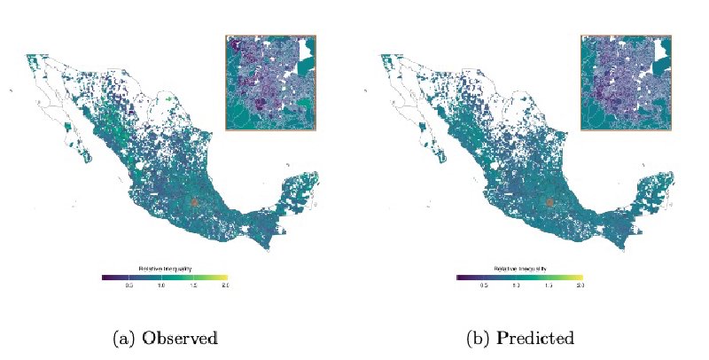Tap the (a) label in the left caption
[125, 338]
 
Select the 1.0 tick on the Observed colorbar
[161, 286]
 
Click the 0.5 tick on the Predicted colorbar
[484, 286]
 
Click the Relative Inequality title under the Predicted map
[520, 269]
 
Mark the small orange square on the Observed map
[194, 202]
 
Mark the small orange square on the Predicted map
[549, 202]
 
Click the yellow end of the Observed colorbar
[225, 278]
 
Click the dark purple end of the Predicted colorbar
[459, 278]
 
